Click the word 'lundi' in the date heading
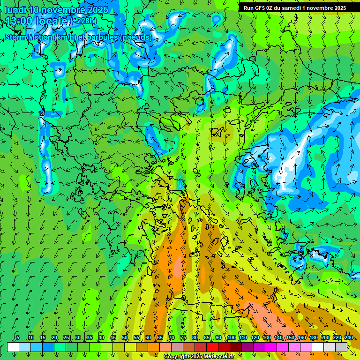[15, 9]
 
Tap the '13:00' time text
[17, 21]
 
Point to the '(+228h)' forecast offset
[84, 21]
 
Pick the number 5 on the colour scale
[18, 337]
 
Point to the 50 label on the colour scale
[125, 337]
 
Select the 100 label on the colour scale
[232, 337]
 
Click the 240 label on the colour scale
[349, 337]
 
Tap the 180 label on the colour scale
[314, 337]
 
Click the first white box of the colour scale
[13, 347]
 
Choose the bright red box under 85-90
[212, 347]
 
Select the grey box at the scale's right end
[341, 347]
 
